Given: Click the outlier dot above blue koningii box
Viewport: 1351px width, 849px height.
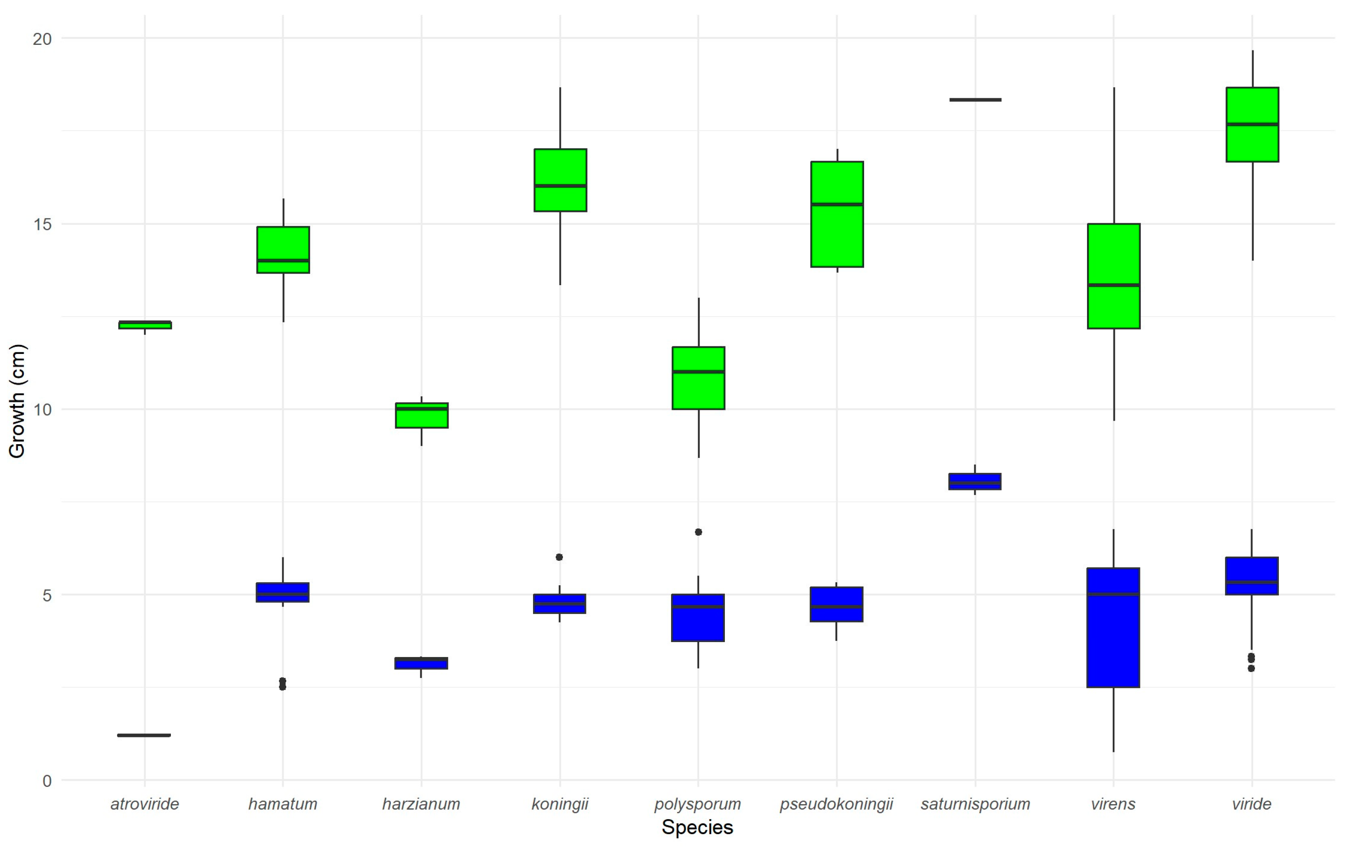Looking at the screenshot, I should [560, 557].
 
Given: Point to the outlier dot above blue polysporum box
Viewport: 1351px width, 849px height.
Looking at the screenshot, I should [698, 532].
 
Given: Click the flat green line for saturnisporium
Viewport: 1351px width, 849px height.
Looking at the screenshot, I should [975, 100].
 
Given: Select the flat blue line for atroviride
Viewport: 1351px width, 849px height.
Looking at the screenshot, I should [144, 735].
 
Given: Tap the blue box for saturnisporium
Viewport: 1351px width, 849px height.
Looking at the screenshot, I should [975, 481].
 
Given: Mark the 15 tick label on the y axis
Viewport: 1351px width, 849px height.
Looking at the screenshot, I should [42, 224].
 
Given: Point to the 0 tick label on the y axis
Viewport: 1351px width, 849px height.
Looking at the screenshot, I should [47, 781].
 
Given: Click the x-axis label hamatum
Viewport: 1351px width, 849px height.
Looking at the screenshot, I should [283, 804].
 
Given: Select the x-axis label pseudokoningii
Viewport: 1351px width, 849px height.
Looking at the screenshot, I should [836, 804].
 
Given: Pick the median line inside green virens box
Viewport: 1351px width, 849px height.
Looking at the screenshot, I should [1114, 285].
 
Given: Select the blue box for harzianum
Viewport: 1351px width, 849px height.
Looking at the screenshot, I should [421, 663].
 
